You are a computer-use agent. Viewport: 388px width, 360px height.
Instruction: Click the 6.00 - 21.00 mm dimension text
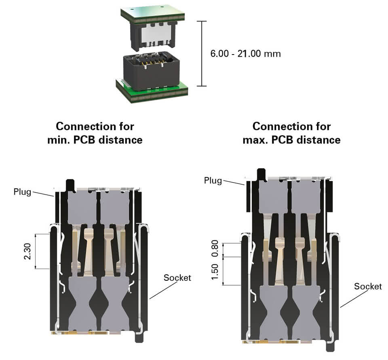click(x=245, y=53)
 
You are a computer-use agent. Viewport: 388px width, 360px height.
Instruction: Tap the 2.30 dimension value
click(x=28, y=251)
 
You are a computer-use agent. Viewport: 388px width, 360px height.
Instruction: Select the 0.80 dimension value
click(x=215, y=249)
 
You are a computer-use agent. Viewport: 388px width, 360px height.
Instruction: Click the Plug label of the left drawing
click(x=22, y=192)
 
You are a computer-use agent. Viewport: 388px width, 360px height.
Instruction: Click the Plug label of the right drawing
click(x=213, y=180)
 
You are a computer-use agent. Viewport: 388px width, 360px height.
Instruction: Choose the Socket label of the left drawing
click(x=177, y=278)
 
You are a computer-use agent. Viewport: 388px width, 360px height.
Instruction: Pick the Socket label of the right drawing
click(x=367, y=286)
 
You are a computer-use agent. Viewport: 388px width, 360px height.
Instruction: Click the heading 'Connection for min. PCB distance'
click(x=95, y=133)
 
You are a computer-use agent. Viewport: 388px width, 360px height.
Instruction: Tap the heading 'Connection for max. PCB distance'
click(x=291, y=133)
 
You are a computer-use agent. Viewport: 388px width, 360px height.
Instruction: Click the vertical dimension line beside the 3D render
click(x=201, y=53)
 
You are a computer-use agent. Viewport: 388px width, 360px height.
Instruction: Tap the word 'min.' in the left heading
click(x=59, y=140)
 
